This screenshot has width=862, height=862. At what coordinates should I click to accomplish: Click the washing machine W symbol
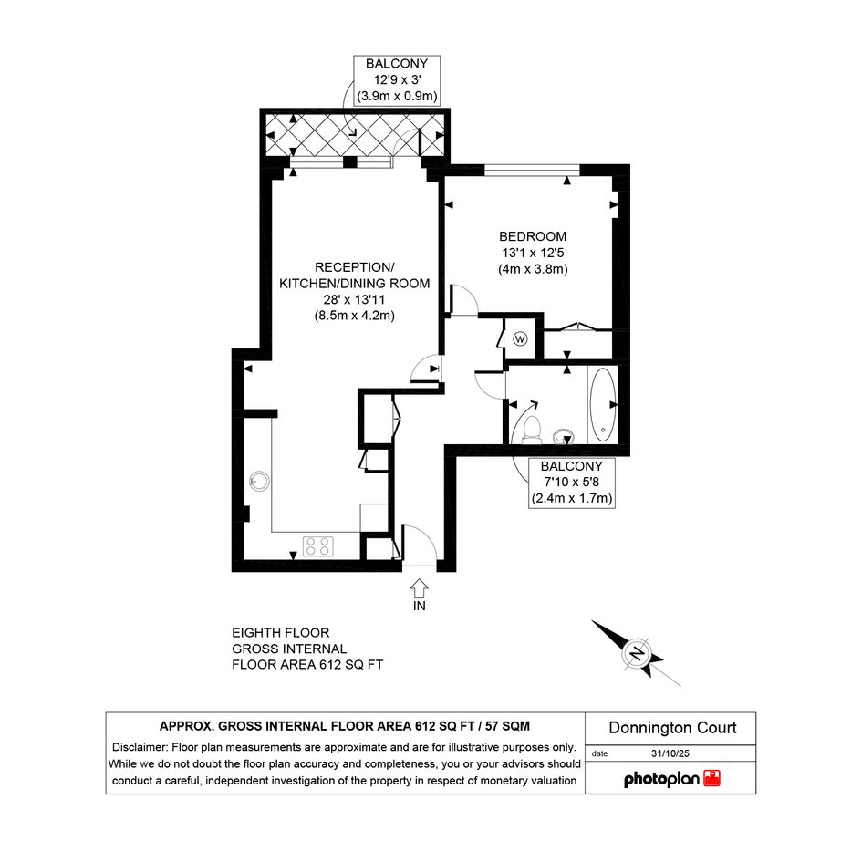tap(520, 338)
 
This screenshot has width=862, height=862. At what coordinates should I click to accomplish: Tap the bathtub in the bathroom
tap(603, 405)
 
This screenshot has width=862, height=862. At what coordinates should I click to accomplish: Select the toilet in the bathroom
tap(532, 430)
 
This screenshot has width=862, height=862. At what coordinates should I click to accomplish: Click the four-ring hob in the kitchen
tap(318, 545)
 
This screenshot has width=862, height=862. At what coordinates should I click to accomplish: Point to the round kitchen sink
tap(259, 481)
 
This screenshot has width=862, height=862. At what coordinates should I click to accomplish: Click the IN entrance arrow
tap(419, 587)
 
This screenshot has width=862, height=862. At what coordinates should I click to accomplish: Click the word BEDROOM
tap(533, 236)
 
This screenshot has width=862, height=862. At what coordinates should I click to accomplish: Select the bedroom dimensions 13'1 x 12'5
tap(533, 253)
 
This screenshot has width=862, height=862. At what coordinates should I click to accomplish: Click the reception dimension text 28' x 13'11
tap(354, 299)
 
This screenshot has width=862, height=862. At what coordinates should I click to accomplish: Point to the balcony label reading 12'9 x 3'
tap(397, 79)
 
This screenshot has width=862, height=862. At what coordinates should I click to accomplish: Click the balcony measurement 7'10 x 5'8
tap(572, 483)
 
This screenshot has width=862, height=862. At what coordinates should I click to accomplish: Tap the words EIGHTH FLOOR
tap(280, 633)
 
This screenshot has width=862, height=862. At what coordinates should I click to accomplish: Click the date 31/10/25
tap(670, 753)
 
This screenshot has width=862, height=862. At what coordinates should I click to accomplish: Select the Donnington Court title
tap(672, 728)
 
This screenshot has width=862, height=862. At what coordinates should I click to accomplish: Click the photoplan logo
tap(671, 778)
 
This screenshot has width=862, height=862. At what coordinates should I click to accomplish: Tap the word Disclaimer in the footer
tap(140, 747)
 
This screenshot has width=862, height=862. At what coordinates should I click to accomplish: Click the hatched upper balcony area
tap(355, 135)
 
